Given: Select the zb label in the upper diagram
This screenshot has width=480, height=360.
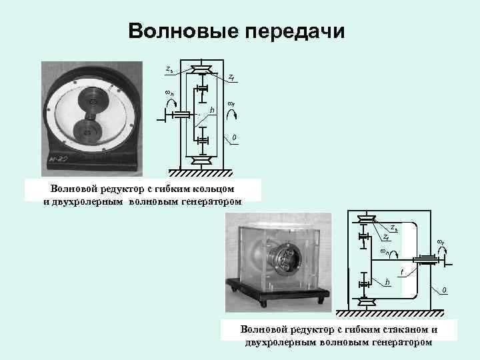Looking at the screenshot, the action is (x=169, y=68).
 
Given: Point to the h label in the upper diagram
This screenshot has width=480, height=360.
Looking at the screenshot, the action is (x=213, y=109).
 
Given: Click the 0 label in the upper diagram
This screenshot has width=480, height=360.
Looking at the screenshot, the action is (x=233, y=138).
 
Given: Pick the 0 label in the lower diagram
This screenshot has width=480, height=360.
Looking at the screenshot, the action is (x=445, y=289).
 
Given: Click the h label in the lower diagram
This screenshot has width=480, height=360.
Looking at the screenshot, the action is (x=387, y=281).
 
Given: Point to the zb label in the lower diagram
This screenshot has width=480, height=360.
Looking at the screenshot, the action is (x=394, y=228).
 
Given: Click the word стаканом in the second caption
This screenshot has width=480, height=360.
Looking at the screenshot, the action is (x=398, y=329).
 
